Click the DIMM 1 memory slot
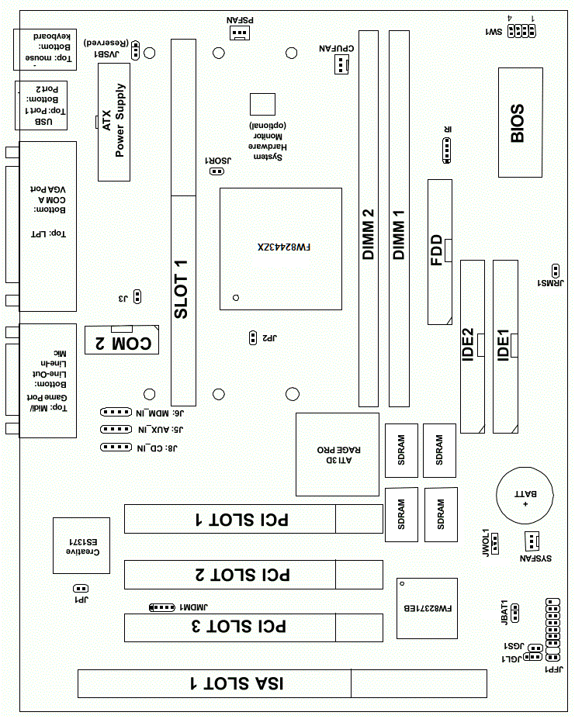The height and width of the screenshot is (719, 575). coord(399,219)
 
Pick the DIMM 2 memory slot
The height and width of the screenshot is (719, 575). coord(369,219)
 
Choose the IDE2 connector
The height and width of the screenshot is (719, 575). coord(472,347)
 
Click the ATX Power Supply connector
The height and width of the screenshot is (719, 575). coord(114,122)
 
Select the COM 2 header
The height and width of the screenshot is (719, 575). coord(122,340)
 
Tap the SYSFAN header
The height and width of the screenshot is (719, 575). coord(531,541)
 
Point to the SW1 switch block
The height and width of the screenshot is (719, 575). coord(519,31)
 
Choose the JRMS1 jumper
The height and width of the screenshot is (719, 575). coord(556,271)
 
